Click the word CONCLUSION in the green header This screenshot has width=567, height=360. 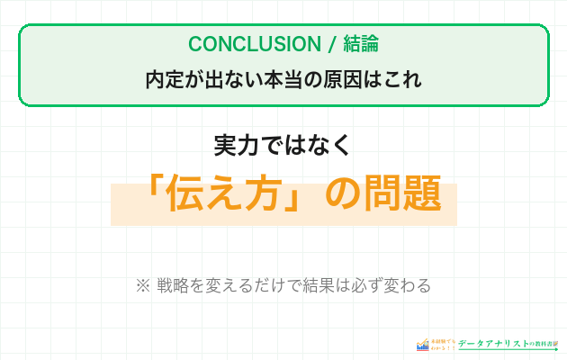coord(241,44)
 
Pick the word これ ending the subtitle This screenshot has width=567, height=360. coord(402,79)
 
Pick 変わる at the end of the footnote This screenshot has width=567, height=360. coord(409,285)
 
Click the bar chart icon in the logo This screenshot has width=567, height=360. coord(423,345)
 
